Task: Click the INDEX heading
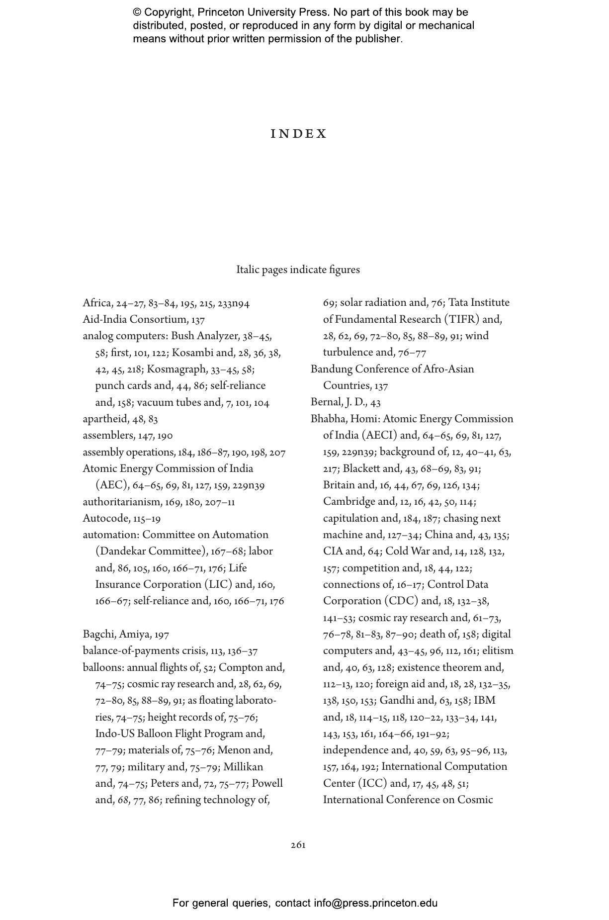click(299, 134)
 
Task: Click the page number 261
click(298, 845)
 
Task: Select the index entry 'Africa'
click(96, 303)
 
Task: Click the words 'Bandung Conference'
click(356, 369)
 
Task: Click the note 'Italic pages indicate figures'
click(298, 270)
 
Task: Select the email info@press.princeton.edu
click(375, 903)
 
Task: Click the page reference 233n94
click(233, 303)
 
